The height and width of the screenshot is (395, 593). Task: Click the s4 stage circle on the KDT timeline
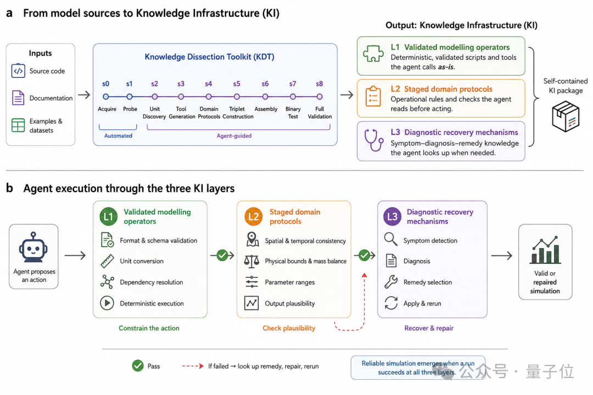pos(209,97)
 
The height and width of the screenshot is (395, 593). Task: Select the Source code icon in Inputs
pos(18,71)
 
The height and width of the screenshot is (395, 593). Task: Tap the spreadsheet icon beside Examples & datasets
pos(18,125)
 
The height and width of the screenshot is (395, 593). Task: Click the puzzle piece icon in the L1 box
pos(373,53)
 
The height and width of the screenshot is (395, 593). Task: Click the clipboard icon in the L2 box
pos(373,96)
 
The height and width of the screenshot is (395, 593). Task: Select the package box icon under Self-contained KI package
pos(566,116)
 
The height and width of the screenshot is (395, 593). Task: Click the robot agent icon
pos(33,247)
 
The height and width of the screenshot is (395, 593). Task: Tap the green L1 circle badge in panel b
pos(109,217)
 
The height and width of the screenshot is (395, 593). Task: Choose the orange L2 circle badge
pos(253,217)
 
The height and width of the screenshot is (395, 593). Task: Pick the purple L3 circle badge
pos(393,217)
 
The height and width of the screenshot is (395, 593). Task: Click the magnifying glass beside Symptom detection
pos(391,239)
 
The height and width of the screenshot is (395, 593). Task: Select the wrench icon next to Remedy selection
pos(391,281)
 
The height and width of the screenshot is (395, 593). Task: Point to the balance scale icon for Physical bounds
pos(251,261)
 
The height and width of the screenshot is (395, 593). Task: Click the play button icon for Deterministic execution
pos(107,303)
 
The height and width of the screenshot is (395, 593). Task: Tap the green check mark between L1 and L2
pos(222,256)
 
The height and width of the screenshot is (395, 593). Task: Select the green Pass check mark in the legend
pos(138,365)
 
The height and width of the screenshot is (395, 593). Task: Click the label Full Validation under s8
pos(320,112)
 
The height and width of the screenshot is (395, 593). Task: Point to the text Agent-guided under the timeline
pos(234,136)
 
